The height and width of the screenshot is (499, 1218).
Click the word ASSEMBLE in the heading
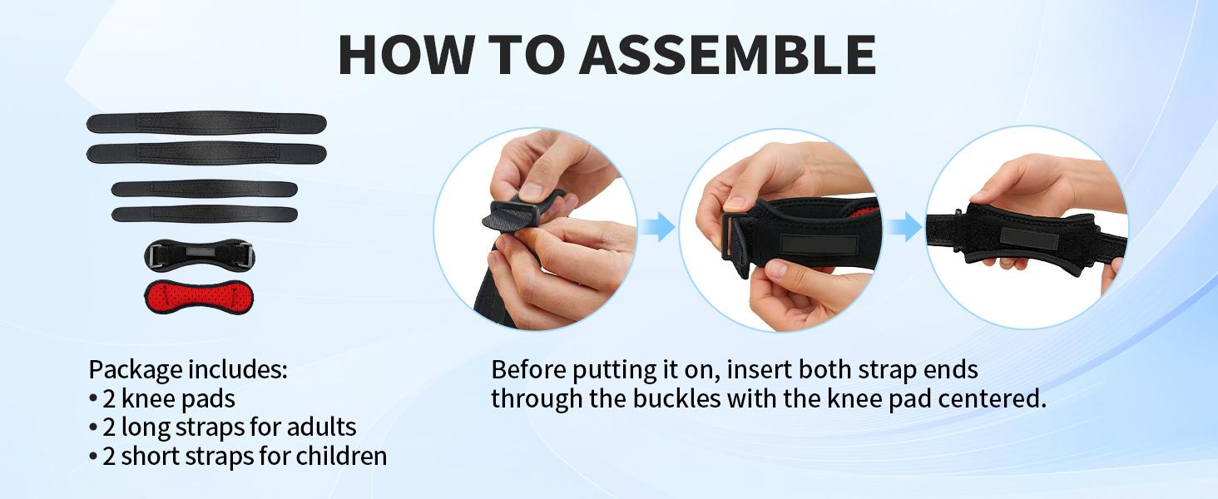coord(727,54)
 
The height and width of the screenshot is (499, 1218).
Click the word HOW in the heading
coord(405,54)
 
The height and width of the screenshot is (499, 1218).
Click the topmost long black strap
coord(206,123)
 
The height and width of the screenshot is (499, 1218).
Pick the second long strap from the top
coord(206,153)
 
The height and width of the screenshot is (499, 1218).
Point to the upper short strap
coord(205,189)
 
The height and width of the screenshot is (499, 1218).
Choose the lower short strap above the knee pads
coord(205,215)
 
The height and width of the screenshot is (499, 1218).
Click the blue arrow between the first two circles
coord(658,227)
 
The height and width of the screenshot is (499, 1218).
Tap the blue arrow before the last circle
coord(905,227)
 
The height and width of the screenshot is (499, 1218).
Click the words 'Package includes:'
coord(187,369)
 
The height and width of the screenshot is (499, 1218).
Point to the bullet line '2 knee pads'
coord(162,399)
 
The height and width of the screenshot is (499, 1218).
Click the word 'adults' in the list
coord(321,427)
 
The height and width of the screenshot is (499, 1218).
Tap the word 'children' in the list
coord(341,456)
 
